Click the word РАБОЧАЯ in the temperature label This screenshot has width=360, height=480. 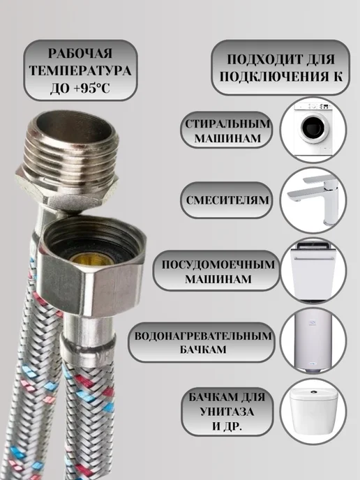[x=80, y=53]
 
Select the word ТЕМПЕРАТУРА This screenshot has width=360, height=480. [x=80, y=70]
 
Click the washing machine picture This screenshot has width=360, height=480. [x=313, y=129]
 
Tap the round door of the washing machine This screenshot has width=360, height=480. [x=313, y=128]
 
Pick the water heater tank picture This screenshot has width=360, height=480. [x=313, y=340]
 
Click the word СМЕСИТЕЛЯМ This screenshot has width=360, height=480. [x=227, y=200]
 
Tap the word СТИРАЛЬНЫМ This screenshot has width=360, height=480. [x=227, y=124]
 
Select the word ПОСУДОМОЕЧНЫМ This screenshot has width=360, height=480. [x=218, y=264]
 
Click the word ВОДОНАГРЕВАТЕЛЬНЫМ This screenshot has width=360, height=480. [x=203, y=336]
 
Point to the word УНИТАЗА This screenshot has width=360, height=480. [x=227, y=412]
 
